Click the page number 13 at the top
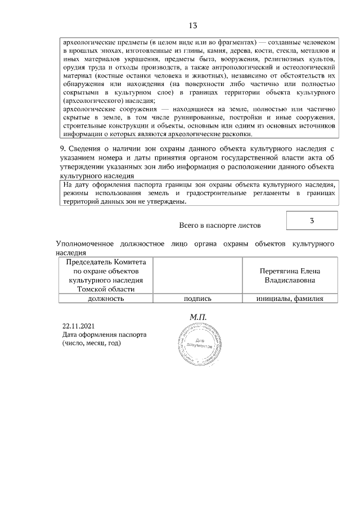193,26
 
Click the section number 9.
62,148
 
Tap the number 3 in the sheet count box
312,220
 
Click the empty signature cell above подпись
197,275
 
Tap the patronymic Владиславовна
290,280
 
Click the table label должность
106,299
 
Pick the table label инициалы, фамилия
290,299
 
